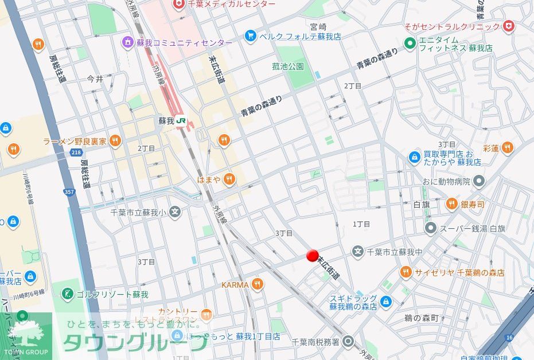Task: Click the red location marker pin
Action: (x=313, y=255)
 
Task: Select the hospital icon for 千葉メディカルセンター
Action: (x=180, y=4)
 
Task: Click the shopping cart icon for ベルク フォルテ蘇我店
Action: (x=250, y=36)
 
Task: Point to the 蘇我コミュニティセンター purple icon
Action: (x=127, y=43)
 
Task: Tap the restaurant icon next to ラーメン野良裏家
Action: (x=115, y=140)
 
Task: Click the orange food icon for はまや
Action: (x=229, y=179)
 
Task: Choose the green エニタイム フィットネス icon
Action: (x=410, y=44)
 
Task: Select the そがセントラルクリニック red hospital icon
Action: (x=508, y=26)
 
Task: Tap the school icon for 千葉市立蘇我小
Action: (x=175, y=213)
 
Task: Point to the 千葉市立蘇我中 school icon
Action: (x=357, y=251)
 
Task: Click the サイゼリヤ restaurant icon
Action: (x=406, y=272)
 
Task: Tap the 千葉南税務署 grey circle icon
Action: (x=348, y=342)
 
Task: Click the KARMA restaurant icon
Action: (x=258, y=284)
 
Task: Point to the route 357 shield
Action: (x=69, y=191)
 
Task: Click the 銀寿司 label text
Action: (x=473, y=204)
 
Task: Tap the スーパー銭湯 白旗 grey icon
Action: (x=431, y=228)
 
